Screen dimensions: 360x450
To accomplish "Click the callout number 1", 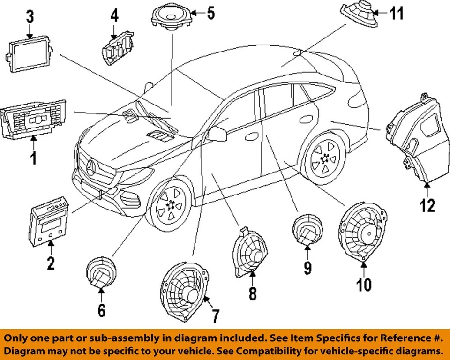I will (x=33, y=158).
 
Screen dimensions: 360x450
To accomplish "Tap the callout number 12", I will (x=427, y=205).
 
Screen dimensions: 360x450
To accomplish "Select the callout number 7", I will (x=214, y=315).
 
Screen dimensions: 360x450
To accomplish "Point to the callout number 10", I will (x=364, y=284).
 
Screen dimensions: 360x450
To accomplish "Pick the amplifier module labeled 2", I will (x=49, y=220).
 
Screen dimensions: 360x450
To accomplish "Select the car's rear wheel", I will (x=323, y=158).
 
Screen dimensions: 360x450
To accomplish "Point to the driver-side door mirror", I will (x=217, y=134).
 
